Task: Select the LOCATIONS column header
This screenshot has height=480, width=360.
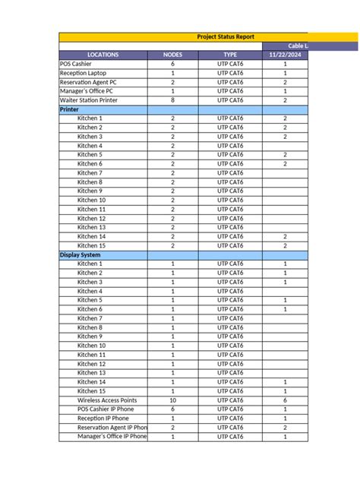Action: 103,55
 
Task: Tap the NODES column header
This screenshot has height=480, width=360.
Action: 172,55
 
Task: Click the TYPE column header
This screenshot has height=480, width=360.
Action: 230,55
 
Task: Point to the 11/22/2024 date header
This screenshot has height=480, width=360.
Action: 285,55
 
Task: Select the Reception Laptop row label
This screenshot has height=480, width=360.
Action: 81,74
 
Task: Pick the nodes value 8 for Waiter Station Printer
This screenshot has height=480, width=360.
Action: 172,100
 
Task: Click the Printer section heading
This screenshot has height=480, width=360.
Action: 69,109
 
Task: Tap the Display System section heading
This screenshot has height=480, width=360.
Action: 80,255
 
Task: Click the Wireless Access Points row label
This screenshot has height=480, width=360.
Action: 107,400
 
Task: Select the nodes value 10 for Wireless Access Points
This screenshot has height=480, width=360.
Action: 172,400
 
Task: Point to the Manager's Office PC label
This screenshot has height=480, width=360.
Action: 87,91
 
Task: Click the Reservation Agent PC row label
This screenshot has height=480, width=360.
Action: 88,83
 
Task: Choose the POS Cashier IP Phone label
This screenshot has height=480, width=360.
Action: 107,409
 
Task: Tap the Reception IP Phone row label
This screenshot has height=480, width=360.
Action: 103,418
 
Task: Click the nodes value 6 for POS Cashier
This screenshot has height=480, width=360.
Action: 172,65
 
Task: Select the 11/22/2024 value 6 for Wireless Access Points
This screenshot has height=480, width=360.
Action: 285,400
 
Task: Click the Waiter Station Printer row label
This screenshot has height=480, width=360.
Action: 90,100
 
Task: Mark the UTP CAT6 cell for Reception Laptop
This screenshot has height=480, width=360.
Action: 230,74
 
